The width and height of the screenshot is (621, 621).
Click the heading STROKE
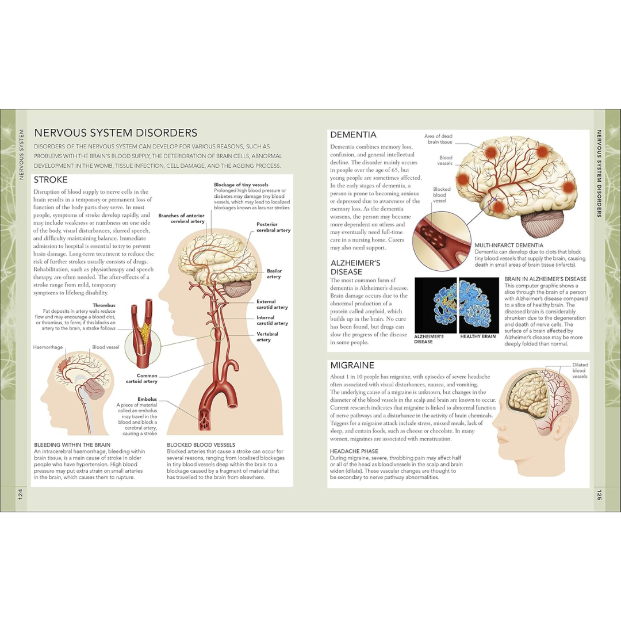51,179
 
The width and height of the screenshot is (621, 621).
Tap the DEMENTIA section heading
353,135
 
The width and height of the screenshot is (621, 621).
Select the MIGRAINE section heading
352,365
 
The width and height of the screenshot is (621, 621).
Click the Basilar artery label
274,273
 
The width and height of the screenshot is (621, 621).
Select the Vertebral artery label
267,336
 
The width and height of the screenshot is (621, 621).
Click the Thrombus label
104,305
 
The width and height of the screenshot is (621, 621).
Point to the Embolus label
147,399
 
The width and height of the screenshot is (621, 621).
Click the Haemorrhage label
48,347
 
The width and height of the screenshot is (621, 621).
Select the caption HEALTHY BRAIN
478,336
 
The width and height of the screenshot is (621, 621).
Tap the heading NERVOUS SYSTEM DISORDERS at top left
116,133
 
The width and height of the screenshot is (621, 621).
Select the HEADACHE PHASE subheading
354,451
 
